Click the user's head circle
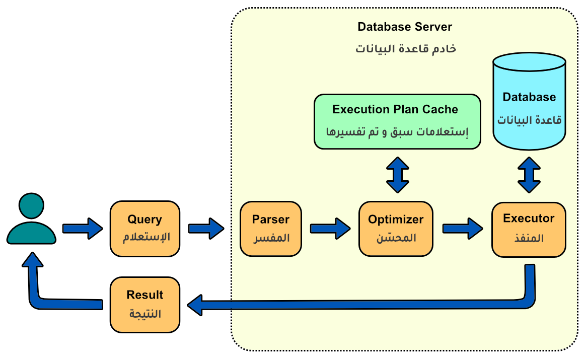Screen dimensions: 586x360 click(x=31, y=205)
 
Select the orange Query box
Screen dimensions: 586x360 click(x=145, y=229)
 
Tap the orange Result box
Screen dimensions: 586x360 click(x=145, y=305)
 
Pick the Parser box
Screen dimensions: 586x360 click(x=270, y=229)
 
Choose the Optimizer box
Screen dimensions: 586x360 click(x=396, y=229)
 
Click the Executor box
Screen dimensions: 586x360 click(x=529, y=230)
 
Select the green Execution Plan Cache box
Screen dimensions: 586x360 click(x=397, y=121)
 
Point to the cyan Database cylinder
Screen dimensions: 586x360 click(x=529, y=101)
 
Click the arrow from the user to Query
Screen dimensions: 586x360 click(x=83, y=229)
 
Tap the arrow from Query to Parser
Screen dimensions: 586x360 click(x=206, y=229)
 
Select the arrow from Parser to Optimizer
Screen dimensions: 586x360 click(x=330, y=229)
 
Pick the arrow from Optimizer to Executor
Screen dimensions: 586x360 click(x=463, y=229)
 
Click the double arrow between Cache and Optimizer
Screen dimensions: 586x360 click(x=398, y=175)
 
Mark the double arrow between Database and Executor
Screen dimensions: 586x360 click(x=529, y=175)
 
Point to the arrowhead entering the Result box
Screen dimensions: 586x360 click(x=195, y=305)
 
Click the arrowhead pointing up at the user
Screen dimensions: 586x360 click(x=33, y=259)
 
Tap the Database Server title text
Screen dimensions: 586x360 click(x=405, y=27)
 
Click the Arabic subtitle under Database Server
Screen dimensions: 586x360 click(x=406, y=49)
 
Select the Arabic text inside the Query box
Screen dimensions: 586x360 click(x=146, y=237)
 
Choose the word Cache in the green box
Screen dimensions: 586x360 click(x=440, y=109)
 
